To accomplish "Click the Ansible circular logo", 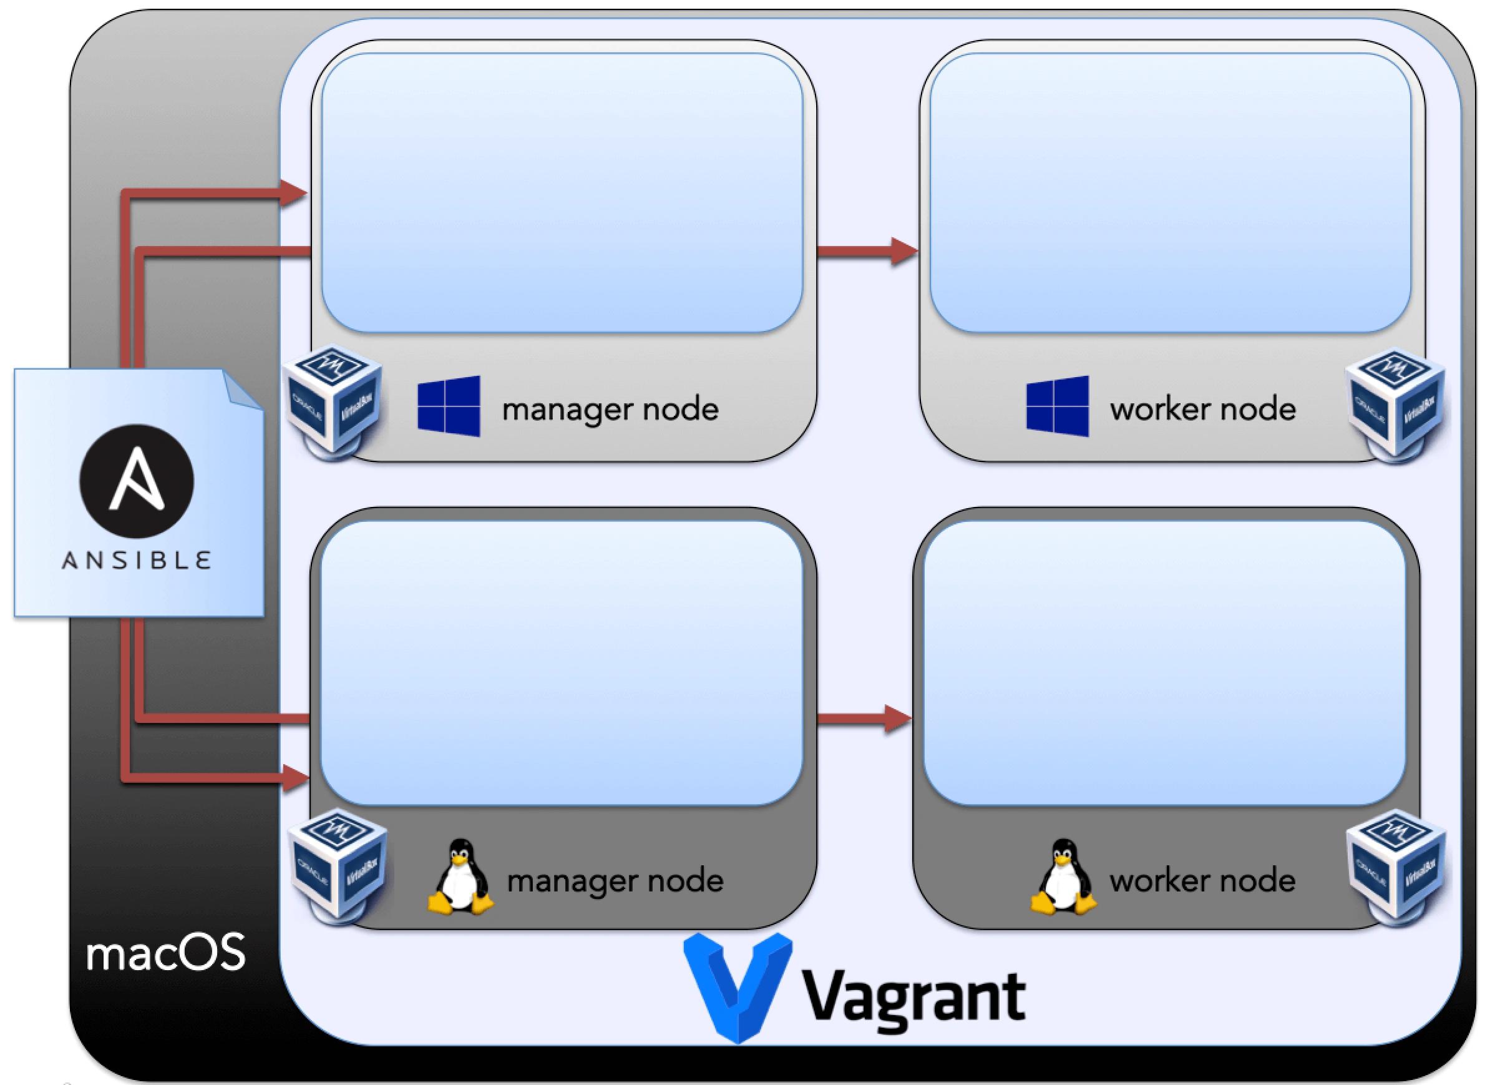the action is click(x=137, y=481).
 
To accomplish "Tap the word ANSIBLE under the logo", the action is click(x=137, y=560).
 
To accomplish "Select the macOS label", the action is click(x=165, y=953).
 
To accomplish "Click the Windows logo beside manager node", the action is click(x=449, y=406).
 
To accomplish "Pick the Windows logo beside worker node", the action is click(x=1058, y=406).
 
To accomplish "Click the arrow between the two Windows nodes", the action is click(x=867, y=250).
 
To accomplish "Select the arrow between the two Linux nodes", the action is click(x=864, y=719).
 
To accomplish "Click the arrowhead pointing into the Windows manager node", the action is click(x=294, y=193).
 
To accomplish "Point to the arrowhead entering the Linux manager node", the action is click(x=295, y=779).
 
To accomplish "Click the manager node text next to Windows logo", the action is click(x=611, y=409).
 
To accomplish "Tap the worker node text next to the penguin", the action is click(x=1203, y=880).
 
